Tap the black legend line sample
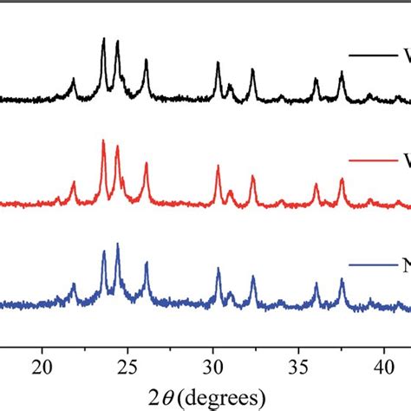[372, 55]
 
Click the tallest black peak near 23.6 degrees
[104, 40]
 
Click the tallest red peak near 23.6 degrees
[103, 141]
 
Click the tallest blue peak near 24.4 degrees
[117, 245]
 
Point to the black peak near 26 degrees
[146, 60]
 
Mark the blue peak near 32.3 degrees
[252, 277]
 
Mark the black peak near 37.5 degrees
[342, 73]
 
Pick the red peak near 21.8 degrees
[73, 183]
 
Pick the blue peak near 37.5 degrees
[342, 279]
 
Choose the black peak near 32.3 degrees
[252, 70]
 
